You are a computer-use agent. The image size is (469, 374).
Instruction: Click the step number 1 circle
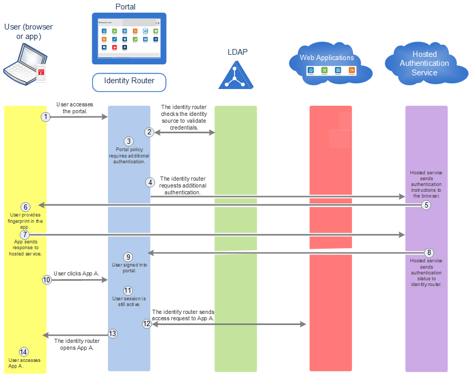pyautogui.click(x=46, y=116)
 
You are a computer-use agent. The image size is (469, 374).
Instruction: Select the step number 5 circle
pyautogui.click(x=426, y=205)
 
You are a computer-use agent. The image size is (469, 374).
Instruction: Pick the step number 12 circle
pyautogui.click(x=147, y=324)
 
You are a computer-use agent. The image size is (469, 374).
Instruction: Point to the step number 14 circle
pyautogui.click(x=23, y=352)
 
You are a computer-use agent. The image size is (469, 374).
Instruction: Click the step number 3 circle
pyautogui.click(x=129, y=141)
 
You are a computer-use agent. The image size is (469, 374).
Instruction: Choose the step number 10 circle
pyautogui.click(x=47, y=280)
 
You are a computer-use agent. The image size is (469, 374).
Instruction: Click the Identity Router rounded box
pyautogui.click(x=129, y=81)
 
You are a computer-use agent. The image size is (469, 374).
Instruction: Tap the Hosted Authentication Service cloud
pyautogui.click(x=424, y=64)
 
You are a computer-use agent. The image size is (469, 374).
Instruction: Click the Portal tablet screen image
pyautogui.click(x=129, y=38)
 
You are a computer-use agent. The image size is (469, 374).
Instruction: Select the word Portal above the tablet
pyautogui.click(x=125, y=7)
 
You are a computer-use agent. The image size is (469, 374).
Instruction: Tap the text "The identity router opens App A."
pyautogui.click(x=77, y=344)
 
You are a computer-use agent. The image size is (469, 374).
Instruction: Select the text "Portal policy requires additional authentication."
pyautogui.click(x=129, y=155)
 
